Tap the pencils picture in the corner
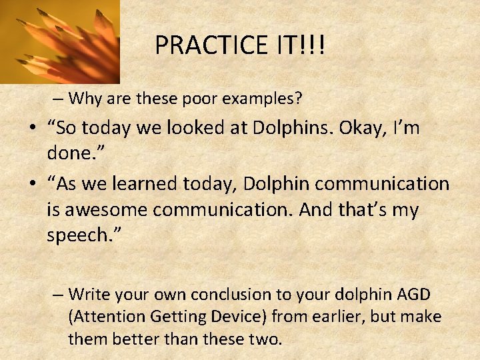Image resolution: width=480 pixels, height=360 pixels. click(x=59, y=41)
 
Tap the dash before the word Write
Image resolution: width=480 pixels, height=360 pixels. click(x=59, y=295)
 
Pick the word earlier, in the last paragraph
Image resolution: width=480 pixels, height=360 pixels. click(x=319, y=317)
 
